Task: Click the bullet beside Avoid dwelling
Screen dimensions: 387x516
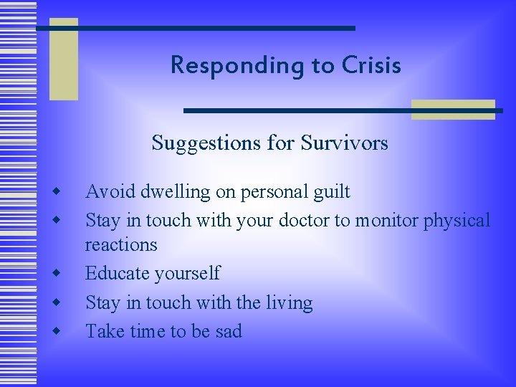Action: pyautogui.click(x=56, y=191)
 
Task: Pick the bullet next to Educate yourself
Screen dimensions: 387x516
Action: pyautogui.click(x=56, y=273)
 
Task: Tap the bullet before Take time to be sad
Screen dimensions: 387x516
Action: pyautogui.click(x=56, y=331)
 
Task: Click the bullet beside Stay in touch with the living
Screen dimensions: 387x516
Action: pyautogui.click(x=56, y=302)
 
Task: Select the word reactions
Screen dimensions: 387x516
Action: pyautogui.click(x=121, y=245)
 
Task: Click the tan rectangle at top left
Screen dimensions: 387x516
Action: pyautogui.click(x=63, y=61)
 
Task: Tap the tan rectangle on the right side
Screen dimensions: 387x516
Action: pyautogui.click(x=453, y=109)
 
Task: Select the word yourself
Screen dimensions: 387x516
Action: pyautogui.click(x=188, y=274)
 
